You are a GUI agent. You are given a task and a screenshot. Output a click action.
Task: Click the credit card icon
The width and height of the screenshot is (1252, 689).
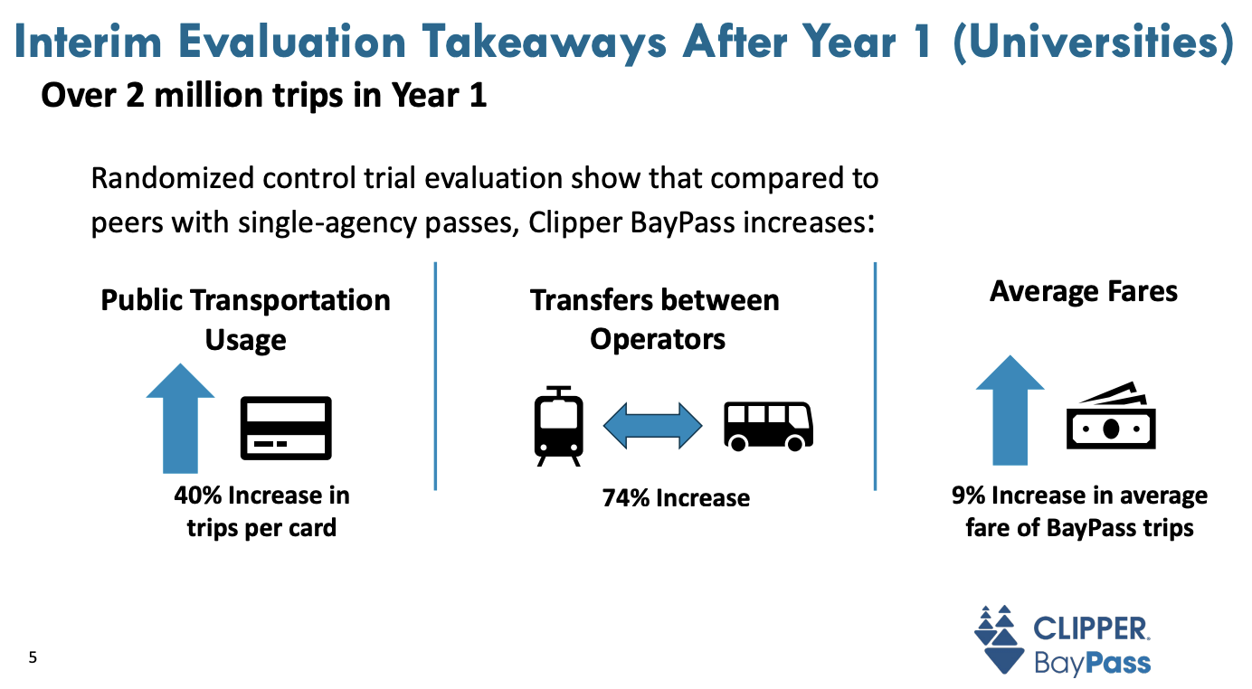[285, 427]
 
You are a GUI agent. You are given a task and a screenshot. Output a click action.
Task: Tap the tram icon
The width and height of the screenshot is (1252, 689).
[559, 426]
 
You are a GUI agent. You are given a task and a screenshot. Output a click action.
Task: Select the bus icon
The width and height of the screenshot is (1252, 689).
[768, 426]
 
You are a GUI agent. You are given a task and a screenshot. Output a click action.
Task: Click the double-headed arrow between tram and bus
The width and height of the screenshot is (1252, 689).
[652, 425]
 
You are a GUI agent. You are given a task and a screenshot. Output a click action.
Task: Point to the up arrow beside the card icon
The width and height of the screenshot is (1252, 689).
[180, 418]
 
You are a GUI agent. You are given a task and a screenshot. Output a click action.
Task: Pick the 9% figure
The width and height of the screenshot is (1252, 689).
[968, 496]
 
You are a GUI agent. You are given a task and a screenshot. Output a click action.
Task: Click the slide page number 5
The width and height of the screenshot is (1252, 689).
[33, 657]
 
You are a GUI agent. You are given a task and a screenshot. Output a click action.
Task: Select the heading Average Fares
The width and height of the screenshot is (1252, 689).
[1083, 291]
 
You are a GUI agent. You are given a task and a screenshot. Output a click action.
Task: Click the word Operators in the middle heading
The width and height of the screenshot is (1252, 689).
[658, 339]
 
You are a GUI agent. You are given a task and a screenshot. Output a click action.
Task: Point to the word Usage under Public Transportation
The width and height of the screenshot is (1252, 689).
[245, 340]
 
